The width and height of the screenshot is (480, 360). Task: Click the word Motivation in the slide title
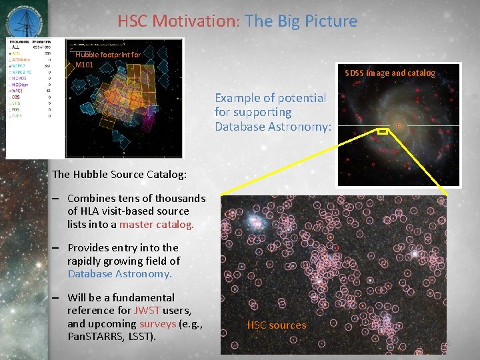tap(193, 21)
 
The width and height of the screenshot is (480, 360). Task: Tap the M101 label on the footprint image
tap(85, 65)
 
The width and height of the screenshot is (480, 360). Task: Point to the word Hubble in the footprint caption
tap(87, 55)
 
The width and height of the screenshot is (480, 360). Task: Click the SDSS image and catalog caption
tap(390, 73)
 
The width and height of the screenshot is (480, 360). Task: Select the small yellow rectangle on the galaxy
tap(383, 132)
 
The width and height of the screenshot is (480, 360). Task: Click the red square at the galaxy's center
tap(399, 125)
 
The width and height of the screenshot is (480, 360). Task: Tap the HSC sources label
tap(277, 325)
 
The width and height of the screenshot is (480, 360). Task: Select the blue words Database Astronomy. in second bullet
tap(119, 273)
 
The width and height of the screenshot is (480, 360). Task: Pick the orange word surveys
tap(157, 323)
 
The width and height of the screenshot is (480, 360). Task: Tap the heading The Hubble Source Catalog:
tap(119, 175)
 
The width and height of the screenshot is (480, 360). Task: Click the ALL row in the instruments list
tap(15, 47)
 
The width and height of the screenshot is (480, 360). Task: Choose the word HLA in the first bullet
tap(78, 211)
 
